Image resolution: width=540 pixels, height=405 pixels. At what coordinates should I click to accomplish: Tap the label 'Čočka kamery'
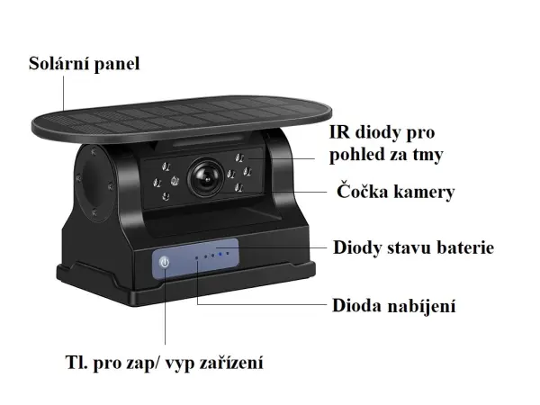(395, 192)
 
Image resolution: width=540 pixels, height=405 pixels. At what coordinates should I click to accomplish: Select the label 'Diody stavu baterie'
(413, 247)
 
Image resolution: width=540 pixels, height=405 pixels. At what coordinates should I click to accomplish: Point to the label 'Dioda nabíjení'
(394, 306)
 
